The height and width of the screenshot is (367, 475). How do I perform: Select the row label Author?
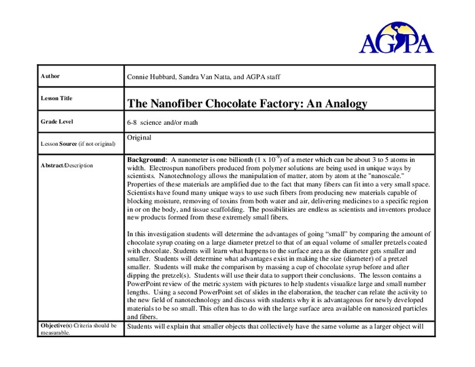[50, 76]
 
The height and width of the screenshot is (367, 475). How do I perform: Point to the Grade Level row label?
[56, 122]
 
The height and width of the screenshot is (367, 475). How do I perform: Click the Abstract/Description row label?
[67, 165]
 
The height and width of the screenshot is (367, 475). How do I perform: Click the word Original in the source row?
[139, 138]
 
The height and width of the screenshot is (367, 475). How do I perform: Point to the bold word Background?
[146, 160]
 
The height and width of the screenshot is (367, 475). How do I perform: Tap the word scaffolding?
[251, 209]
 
